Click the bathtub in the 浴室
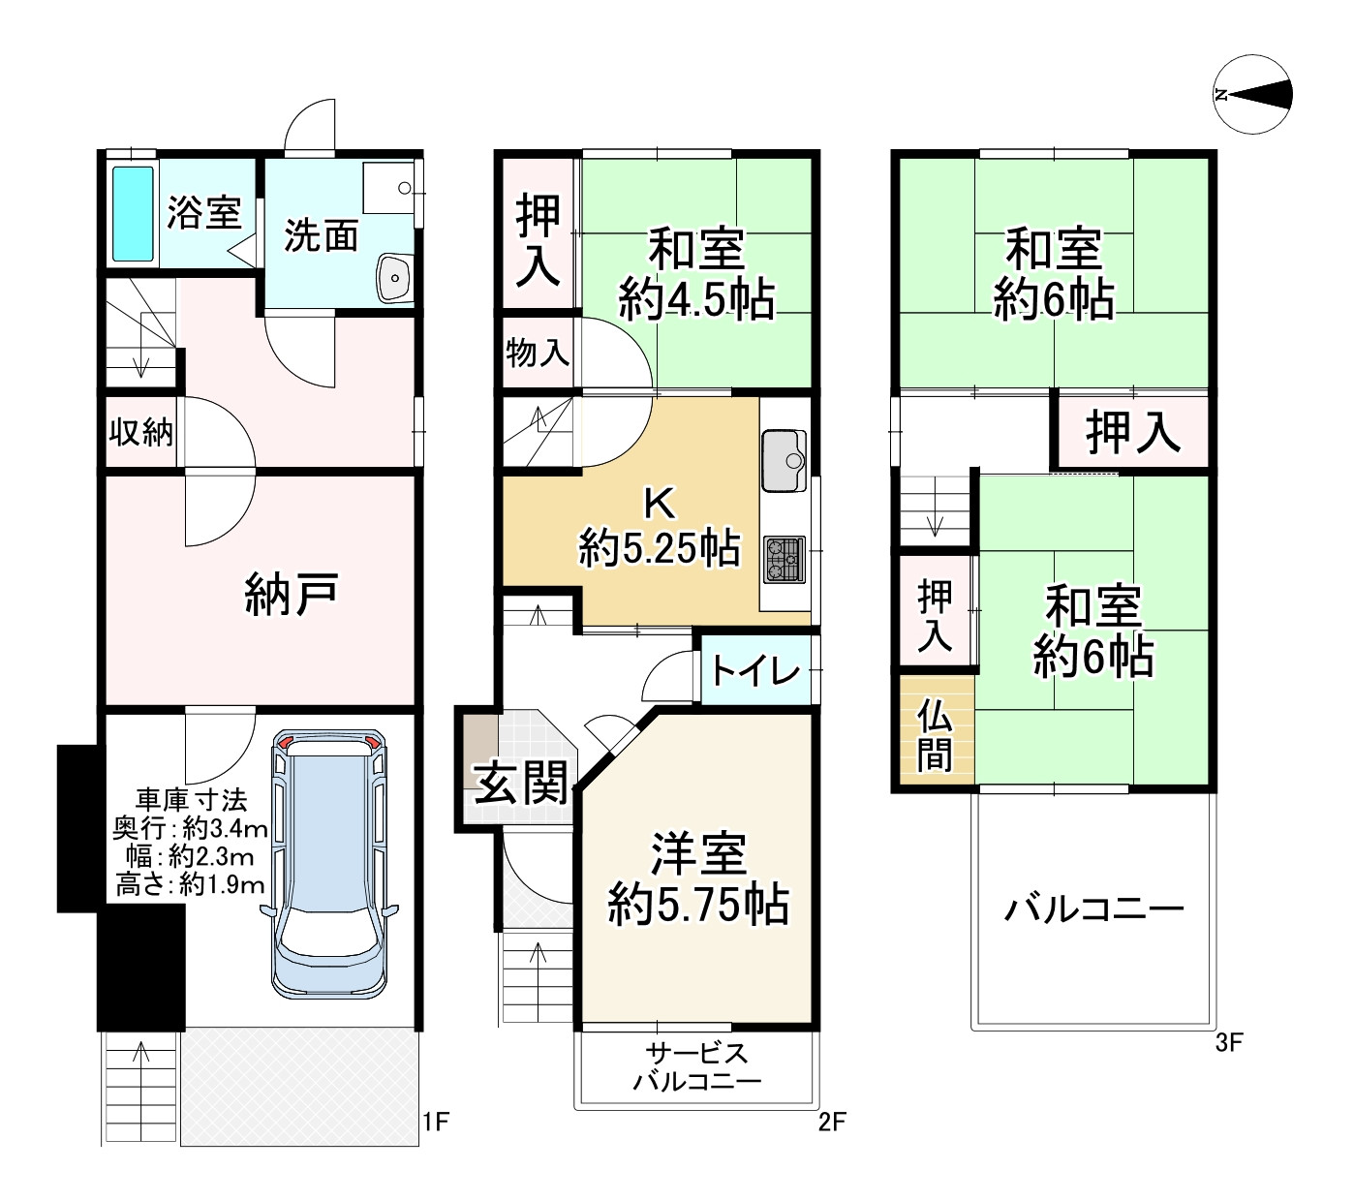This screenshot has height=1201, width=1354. click(x=133, y=214)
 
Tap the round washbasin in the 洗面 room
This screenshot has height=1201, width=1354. click(x=395, y=279)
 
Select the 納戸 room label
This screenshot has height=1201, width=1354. click(x=291, y=593)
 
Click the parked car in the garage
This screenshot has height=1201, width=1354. click(x=329, y=862)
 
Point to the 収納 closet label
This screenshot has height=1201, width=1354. click(x=140, y=432)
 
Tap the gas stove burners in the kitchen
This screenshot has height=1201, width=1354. click(x=784, y=559)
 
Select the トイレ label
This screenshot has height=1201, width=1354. click(x=756, y=670)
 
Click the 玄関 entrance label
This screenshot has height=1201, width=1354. click(x=521, y=783)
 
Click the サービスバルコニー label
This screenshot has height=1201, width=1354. click(x=697, y=1067)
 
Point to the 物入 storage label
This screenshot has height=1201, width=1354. click(x=538, y=354)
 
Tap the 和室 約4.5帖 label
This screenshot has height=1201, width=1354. click(x=696, y=274)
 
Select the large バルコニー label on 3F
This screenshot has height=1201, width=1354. click(x=1093, y=909)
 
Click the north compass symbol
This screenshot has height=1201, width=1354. click(x=1253, y=94)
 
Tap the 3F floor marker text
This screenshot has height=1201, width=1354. click(x=1228, y=1043)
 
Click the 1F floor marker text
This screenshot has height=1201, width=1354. click(x=436, y=1123)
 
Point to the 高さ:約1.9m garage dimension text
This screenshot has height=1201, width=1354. click(x=190, y=884)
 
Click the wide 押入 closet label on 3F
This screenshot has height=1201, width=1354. click(x=1132, y=431)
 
